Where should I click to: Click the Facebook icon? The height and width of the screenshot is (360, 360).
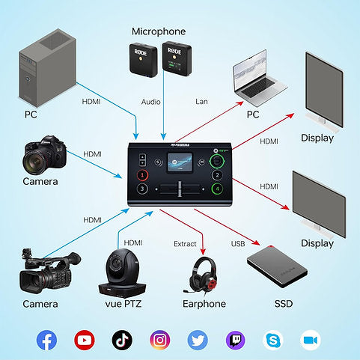click(46, 340)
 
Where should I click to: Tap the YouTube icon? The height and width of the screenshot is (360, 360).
click(85, 340)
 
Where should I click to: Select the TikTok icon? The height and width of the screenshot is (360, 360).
click(122, 340)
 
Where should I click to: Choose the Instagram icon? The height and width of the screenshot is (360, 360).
click(159, 340)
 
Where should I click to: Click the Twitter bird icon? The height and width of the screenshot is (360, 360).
click(198, 340)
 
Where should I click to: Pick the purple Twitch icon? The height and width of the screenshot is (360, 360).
click(235, 340)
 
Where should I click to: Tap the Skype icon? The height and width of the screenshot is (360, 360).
click(273, 340)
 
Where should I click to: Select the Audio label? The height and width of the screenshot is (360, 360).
click(151, 100)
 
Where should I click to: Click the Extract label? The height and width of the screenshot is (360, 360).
click(185, 243)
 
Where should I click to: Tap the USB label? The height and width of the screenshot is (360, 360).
click(238, 243)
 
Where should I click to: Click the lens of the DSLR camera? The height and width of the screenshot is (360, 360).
click(39, 159)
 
